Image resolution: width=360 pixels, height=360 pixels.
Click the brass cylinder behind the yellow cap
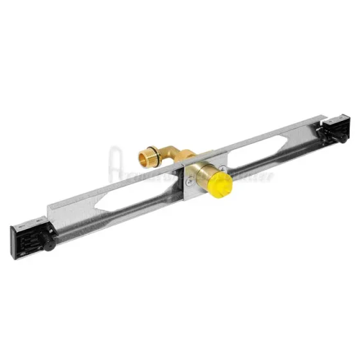[204, 175]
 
